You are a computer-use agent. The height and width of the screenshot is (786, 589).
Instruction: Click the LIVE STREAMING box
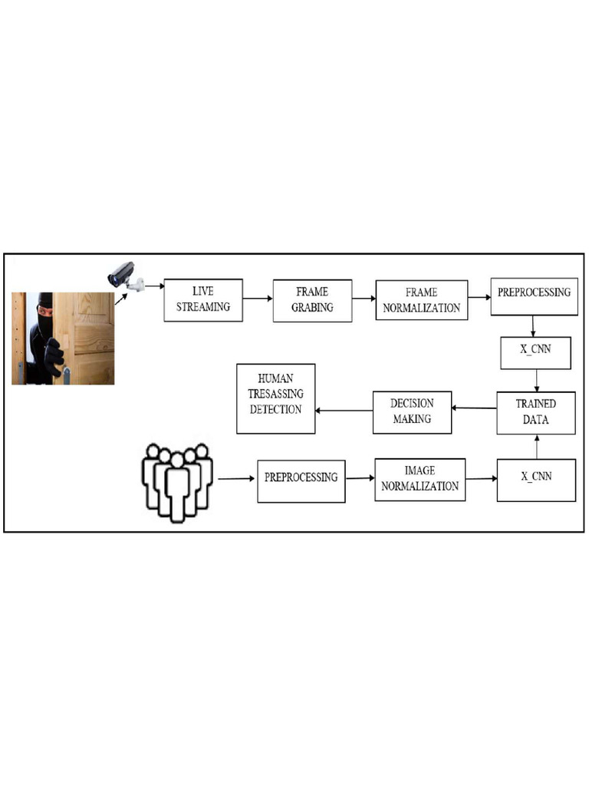point(203,299)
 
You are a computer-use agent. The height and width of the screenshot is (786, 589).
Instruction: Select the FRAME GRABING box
point(312,299)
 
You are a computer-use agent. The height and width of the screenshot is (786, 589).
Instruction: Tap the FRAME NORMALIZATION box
point(421,300)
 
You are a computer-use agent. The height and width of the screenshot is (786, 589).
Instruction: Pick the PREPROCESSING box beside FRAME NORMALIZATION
point(534,296)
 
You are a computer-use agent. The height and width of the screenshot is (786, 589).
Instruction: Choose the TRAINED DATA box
point(535,413)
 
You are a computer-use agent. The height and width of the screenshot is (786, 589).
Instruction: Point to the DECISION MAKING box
point(412,412)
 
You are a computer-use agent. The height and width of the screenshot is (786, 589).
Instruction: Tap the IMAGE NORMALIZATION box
point(420,480)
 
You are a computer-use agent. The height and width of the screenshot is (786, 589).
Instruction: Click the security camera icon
point(125,276)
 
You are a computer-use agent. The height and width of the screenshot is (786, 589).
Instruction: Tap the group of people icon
point(177,482)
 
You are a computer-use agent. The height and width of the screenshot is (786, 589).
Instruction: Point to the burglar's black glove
point(54,355)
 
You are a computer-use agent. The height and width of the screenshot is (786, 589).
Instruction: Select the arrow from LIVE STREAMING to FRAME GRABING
point(258,299)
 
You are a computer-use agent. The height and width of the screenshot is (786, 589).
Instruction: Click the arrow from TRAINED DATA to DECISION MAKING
point(474,408)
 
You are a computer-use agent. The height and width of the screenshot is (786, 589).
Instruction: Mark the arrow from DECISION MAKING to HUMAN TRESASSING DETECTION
point(344,411)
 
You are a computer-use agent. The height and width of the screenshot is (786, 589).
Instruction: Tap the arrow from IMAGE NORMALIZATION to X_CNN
point(481,479)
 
